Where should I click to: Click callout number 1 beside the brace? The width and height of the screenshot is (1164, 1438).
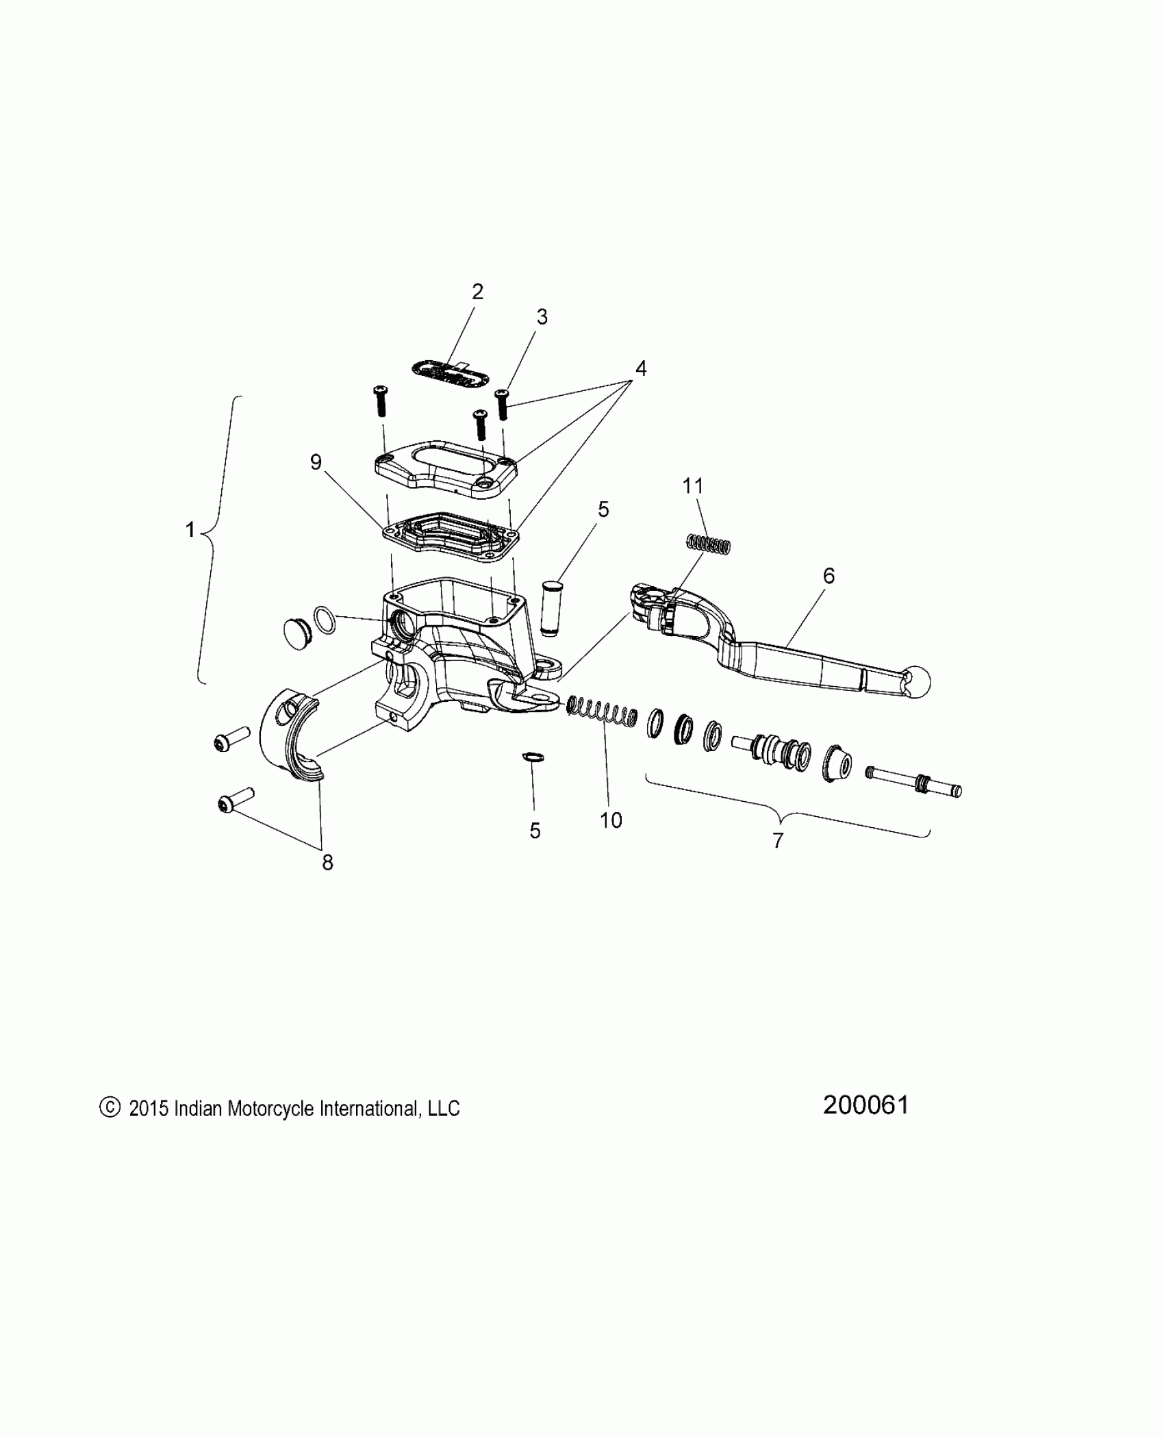190,530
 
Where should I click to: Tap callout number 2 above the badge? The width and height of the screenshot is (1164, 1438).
477,292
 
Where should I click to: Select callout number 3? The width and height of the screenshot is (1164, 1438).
542,317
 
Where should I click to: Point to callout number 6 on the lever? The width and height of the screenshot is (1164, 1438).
828,576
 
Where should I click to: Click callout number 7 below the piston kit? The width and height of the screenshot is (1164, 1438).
778,840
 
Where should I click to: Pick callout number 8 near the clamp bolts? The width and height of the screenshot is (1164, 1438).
327,863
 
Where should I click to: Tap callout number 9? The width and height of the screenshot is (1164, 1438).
316,462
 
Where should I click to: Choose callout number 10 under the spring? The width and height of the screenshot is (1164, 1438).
611,820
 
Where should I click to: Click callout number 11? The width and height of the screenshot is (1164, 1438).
693,486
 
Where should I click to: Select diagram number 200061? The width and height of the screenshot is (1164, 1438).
865,1105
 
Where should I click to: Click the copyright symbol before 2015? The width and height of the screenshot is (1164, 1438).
110,1108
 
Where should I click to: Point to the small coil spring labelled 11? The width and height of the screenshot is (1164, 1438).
709,544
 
